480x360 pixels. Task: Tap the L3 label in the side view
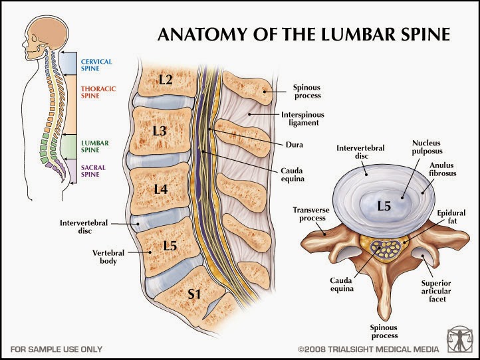[160, 131]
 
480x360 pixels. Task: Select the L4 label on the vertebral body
[161, 189]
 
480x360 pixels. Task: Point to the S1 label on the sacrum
[193, 293]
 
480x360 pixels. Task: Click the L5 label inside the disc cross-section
[384, 206]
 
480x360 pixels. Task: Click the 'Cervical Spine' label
[96, 65]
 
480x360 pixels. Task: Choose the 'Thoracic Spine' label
[96, 92]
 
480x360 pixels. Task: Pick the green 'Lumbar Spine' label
[94, 146]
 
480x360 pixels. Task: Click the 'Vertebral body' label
[105, 256]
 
